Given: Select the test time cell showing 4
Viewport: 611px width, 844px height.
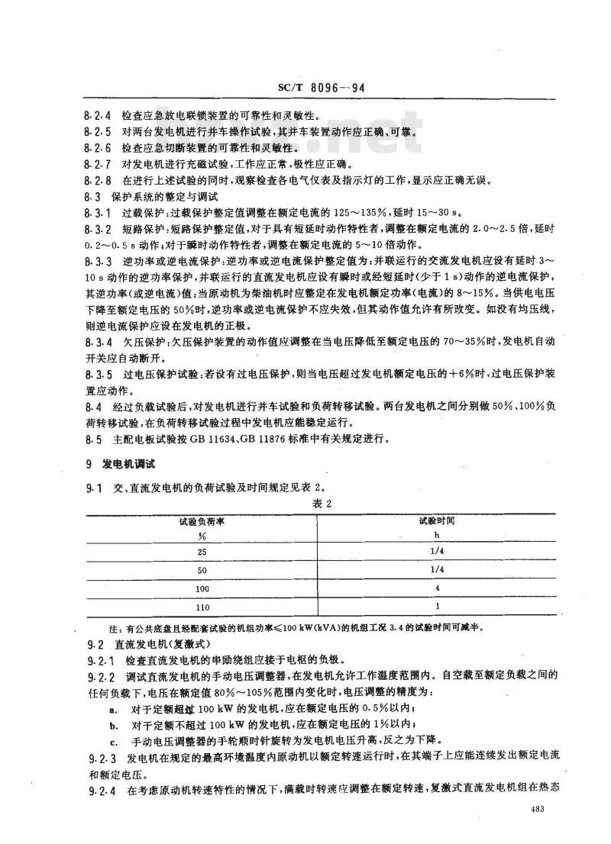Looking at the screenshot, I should pos(435,588).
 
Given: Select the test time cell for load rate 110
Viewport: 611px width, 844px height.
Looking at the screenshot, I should pos(435,607).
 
